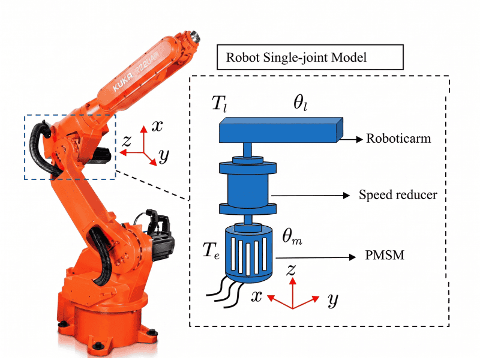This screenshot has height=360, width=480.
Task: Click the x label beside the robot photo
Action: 157,126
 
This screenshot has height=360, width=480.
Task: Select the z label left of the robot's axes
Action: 127,142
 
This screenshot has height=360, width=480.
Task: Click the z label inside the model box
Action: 291,271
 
